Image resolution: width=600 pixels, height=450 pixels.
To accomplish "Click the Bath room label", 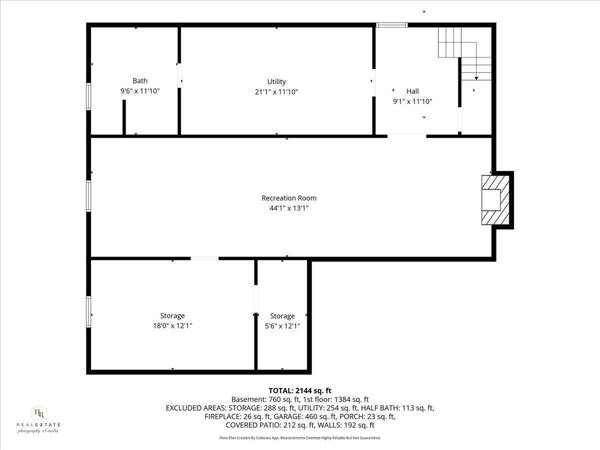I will (x=140, y=80).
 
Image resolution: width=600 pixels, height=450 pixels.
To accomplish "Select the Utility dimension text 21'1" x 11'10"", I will (x=276, y=91).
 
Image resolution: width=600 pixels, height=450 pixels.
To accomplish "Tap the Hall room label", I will (x=412, y=91).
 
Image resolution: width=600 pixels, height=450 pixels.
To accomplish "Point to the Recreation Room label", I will (x=289, y=198).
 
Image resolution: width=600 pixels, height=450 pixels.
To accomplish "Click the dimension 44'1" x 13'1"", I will (x=289, y=208).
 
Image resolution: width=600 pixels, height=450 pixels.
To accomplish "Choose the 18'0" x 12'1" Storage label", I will (x=172, y=315).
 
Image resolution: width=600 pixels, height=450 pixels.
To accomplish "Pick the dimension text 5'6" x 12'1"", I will (x=282, y=326).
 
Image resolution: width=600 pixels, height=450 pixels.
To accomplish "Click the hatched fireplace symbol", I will (x=495, y=200).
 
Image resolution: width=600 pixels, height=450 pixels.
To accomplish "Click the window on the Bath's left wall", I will (x=88, y=96).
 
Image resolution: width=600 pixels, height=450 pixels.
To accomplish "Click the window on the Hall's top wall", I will (x=392, y=24).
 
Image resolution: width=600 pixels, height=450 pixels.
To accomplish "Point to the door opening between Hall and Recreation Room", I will (x=406, y=135).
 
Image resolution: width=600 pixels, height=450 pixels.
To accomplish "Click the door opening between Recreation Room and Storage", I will (x=204, y=258).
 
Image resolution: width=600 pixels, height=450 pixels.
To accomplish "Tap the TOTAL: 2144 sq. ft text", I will (x=300, y=390).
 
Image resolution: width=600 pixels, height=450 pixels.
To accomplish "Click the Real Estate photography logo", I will (x=38, y=419).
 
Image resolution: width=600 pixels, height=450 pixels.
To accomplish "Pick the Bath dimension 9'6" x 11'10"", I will (x=140, y=91).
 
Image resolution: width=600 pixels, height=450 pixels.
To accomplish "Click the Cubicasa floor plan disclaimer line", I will (x=300, y=438).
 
